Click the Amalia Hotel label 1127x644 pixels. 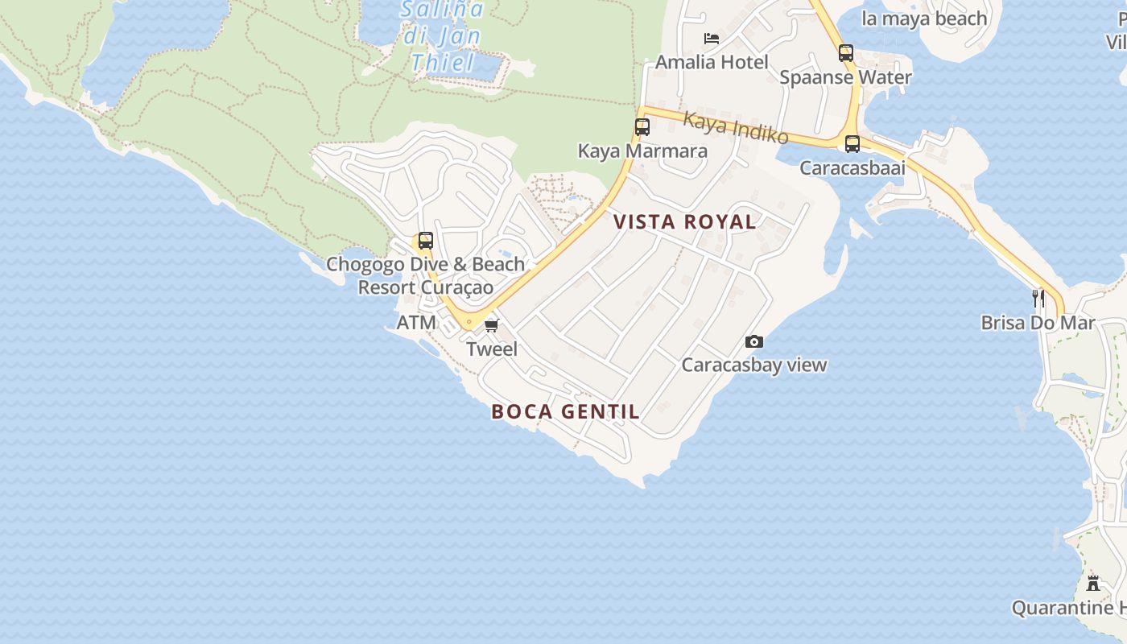pyautogui.click(x=712, y=62)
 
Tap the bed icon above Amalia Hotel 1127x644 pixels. pyautogui.click(x=711, y=38)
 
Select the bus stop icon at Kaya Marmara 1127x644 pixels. pyautogui.click(x=642, y=127)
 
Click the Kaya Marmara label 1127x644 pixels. pyautogui.click(x=642, y=151)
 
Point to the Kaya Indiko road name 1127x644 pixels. pyautogui.click(x=735, y=128)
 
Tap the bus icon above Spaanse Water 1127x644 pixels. pyautogui.click(x=845, y=53)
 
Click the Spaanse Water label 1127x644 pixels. pyautogui.click(x=845, y=78)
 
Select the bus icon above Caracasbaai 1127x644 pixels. pyautogui.click(x=852, y=144)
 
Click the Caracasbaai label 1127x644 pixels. pyautogui.click(x=852, y=168)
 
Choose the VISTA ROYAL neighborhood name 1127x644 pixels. pyautogui.click(x=684, y=222)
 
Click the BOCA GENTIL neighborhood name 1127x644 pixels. pyautogui.click(x=565, y=412)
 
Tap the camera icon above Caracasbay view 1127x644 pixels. pyautogui.click(x=753, y=341)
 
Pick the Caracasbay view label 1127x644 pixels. pyautogui.click(x=753, y=365)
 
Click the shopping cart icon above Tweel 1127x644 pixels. pyautogui.click(x=491, y=325)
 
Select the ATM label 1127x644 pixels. pyautogui.click(x=416, y=324)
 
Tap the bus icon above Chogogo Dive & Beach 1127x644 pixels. pyautogui.click(x=425, y=241)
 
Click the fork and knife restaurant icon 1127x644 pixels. pyautogui.click(x=1038, y=299)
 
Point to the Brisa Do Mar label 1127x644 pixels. pyautogui.click(x=1038, y=324)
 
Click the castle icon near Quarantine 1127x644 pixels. pyautogui.click(x=1092, y=584)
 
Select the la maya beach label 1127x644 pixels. pyautogui.click(x=924, y=19)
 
